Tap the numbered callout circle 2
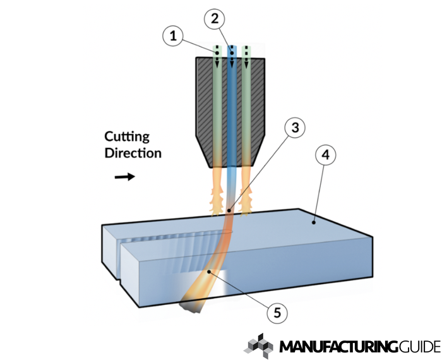(x=215, y=18)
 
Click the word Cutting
(x=126, y=136)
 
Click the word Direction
(x=133, y=153)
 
